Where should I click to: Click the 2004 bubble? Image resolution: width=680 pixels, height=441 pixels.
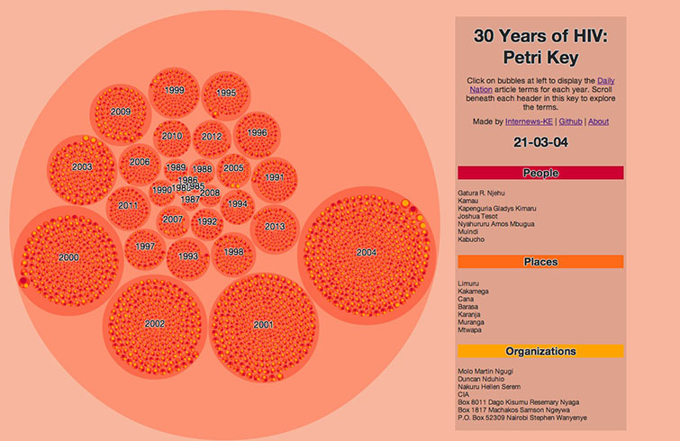pos(366,252)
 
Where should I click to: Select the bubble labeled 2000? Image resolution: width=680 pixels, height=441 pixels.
pos(68,257)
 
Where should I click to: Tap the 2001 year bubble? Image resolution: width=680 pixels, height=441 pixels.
pos(263,324)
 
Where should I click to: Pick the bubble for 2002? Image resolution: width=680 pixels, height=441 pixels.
pos(155,323)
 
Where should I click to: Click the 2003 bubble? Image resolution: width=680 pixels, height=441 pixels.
pos(82,166)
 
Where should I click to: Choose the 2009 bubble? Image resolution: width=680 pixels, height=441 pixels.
pos(121,112)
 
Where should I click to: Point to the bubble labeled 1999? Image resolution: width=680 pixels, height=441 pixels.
pos(175,90)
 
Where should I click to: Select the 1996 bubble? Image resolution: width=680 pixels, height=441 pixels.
pos(258,132)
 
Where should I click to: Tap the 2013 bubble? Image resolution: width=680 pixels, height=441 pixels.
pos(275,227)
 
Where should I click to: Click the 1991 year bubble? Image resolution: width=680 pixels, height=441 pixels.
pos(275,177)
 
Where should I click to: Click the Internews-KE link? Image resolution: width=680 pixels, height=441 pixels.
pos(530,121)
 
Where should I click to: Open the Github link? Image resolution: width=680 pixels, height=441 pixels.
pos(570,121)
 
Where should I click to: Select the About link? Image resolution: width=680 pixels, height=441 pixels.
pos(598,121)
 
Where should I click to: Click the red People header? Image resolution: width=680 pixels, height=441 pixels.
pos(540,173)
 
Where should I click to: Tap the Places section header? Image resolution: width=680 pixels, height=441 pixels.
pos(540,262)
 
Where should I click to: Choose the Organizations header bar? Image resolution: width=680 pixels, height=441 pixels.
pos(540,351)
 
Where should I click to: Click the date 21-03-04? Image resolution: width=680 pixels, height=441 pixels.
pos(540,142)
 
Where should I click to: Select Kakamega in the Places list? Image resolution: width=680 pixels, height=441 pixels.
pos(477,292)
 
